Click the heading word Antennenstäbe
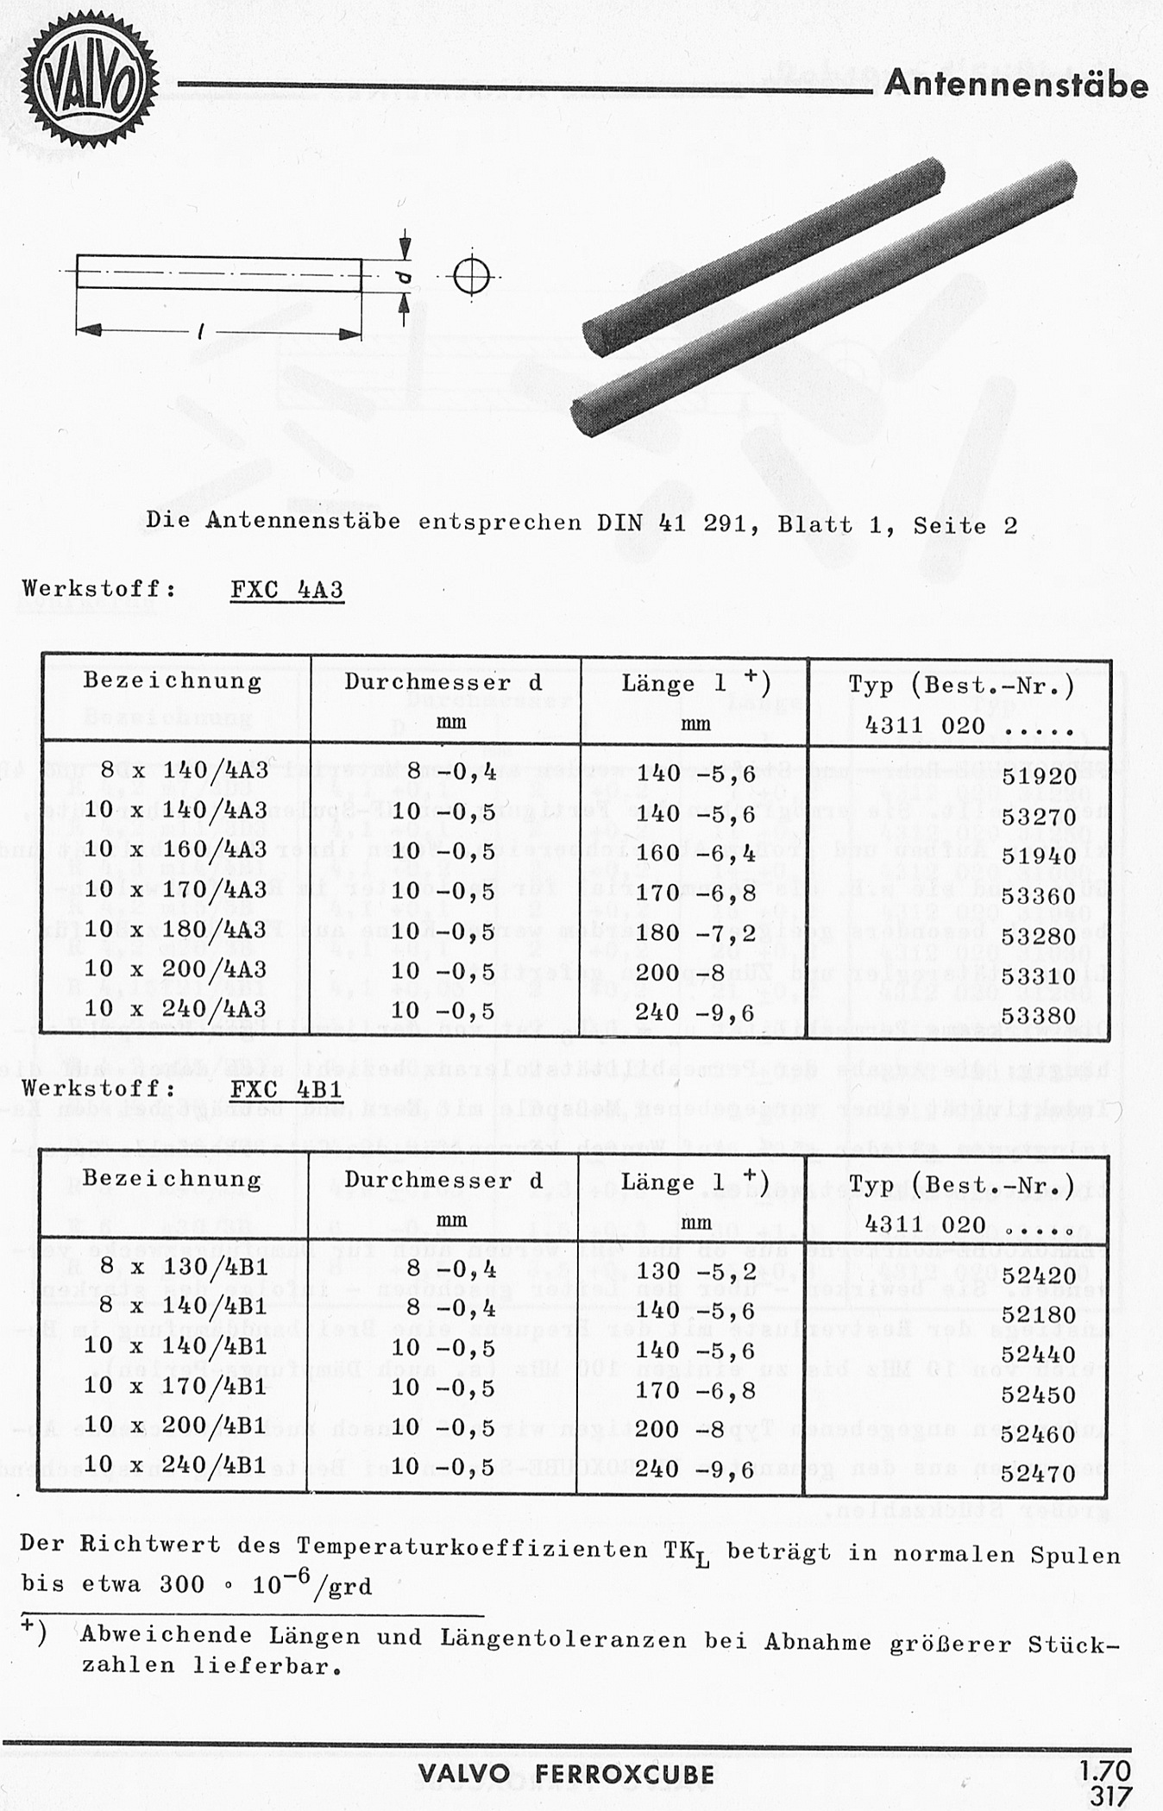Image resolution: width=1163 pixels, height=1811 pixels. [x=1016, y=85]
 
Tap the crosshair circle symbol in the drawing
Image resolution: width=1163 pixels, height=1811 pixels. [x=471, y=276]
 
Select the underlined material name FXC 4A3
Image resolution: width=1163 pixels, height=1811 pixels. [x=287, y=591]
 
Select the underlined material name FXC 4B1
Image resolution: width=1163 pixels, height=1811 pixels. [x=287, y=1089]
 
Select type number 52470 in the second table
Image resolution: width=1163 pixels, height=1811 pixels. [x=1039, y=1474]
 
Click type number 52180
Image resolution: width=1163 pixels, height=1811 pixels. [x=1039, y=1315]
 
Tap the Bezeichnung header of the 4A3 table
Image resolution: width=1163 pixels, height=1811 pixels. [x=173, y=681]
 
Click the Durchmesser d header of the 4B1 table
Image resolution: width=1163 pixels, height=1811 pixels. [x=443, y=1181]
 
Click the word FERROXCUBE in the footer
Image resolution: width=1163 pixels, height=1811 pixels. [x=625, y=1774]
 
